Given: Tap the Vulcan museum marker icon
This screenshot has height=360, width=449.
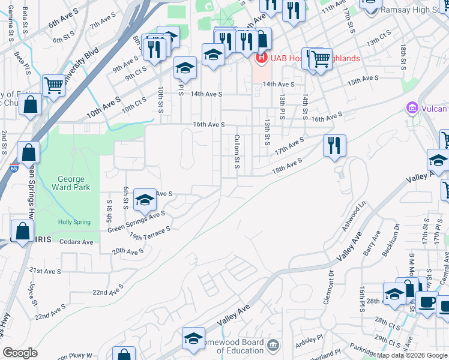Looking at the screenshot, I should click(412, 109).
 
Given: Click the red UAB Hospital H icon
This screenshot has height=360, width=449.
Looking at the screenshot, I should click(261, 58).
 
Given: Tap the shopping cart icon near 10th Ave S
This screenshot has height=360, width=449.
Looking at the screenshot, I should click(54, 85).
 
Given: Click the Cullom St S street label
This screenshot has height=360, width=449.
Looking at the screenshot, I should click(237, 151).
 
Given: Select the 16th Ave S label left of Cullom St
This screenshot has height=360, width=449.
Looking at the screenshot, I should click(208, 125).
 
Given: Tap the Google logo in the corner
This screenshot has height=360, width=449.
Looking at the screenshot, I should click(20, 353).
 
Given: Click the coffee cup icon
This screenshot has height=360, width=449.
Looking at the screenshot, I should click(427, 302).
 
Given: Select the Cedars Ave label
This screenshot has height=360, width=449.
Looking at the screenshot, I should click(76, 242).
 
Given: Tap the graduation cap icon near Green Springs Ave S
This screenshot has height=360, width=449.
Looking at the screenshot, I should click(145, 200).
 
